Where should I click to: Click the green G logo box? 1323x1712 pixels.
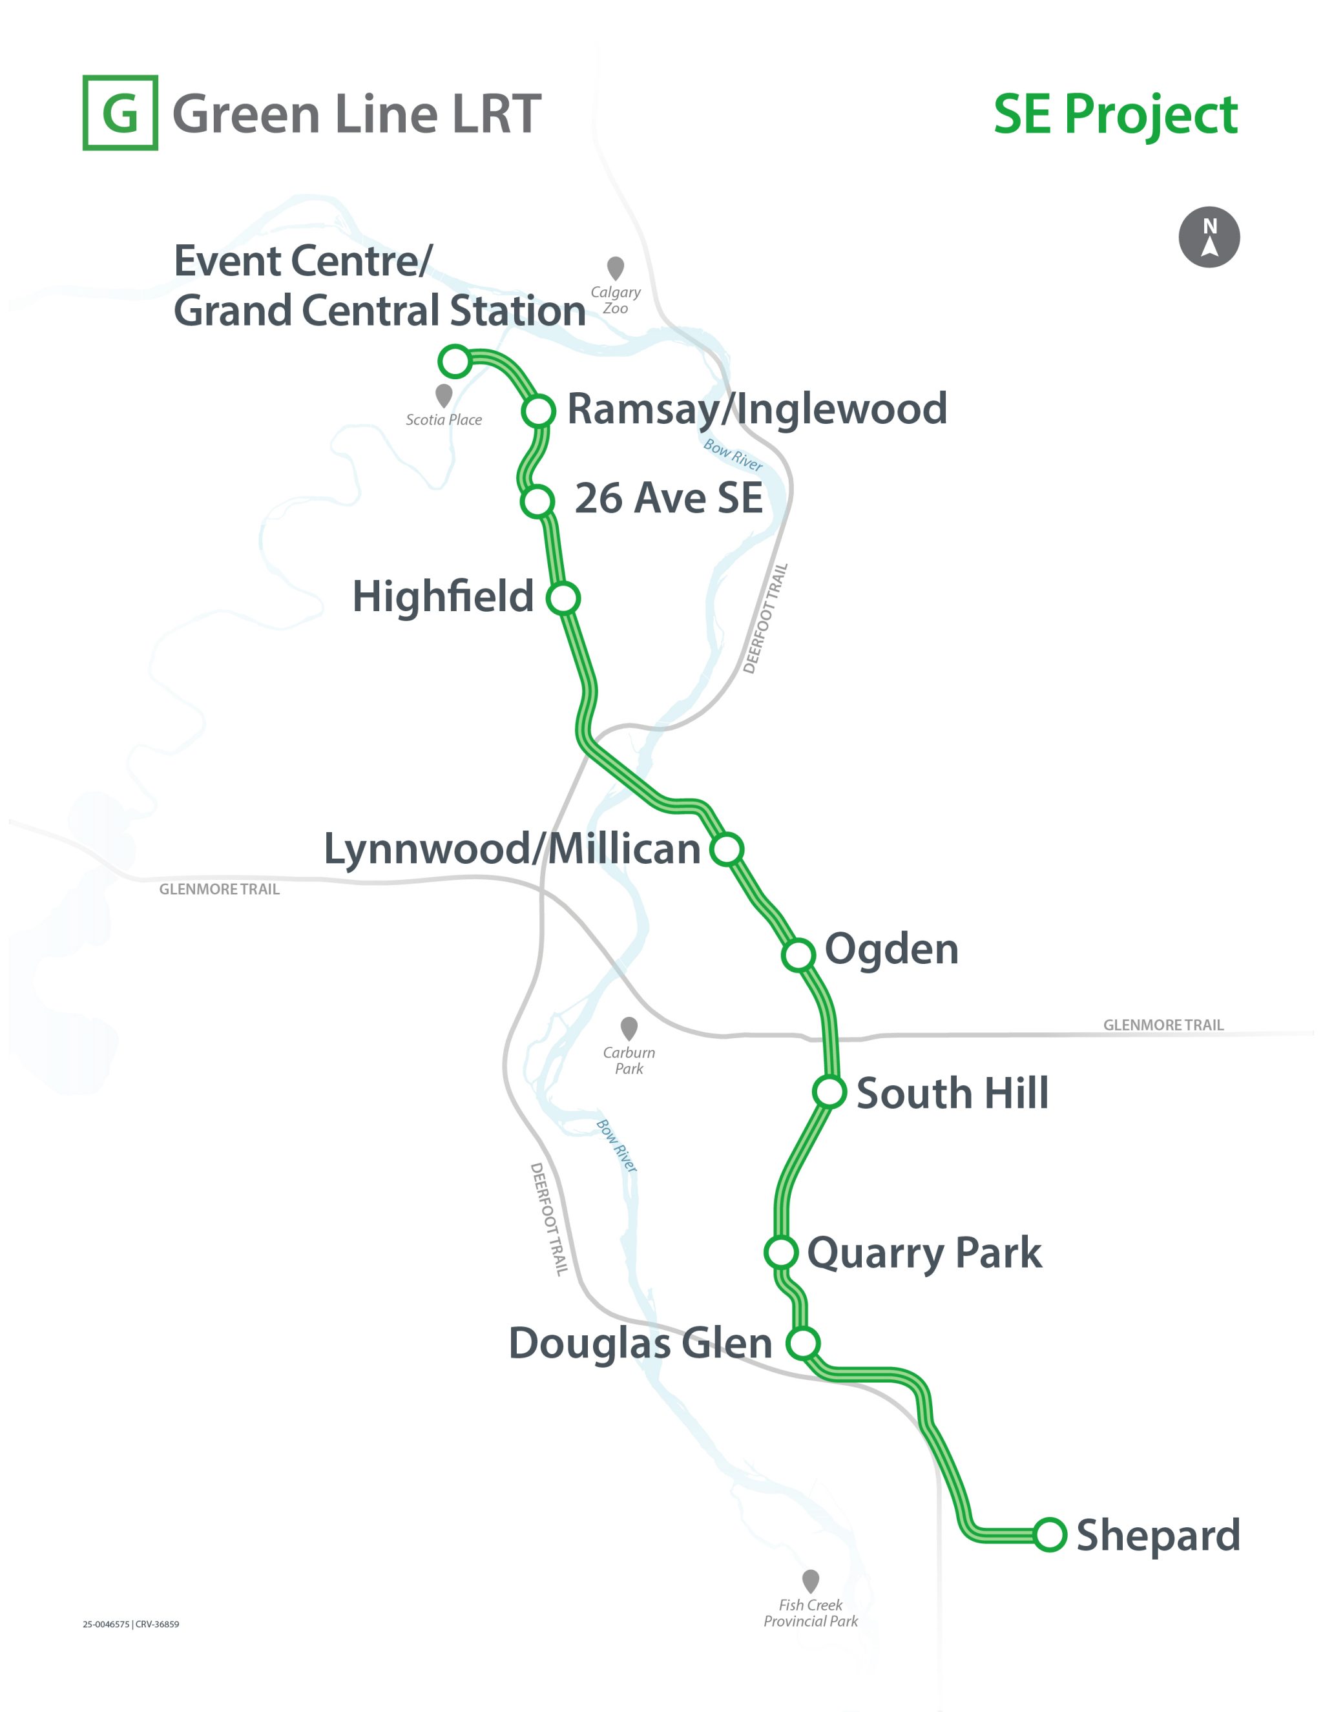pos(120,113)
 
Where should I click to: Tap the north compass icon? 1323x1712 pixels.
pos(1209,236)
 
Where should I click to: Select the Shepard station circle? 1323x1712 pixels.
pos(1050,1534)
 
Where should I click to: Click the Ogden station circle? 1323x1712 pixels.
pos(798,954)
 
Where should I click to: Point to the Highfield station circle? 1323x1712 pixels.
pos(563,598)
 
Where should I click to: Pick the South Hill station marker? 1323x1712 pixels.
pos(829,1091)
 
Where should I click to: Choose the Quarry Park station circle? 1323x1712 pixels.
pos(780,1252)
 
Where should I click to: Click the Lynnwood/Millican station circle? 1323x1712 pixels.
pos(727,848)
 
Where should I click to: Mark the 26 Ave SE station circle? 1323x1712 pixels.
pos(537,500)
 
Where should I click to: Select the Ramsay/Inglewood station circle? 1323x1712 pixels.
pos(539,410)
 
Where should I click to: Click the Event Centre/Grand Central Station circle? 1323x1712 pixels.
pos(455,361)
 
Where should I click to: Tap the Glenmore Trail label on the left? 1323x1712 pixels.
pos(220,889)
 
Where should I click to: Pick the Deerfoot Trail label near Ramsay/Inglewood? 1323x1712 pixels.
pos(766,618)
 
